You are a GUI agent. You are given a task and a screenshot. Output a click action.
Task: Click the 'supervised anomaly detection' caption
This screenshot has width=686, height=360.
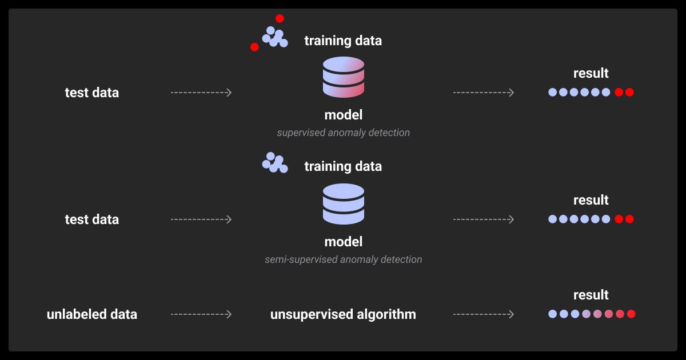point(343,133)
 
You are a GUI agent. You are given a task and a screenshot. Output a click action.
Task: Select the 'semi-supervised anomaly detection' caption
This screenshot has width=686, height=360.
point(343,259)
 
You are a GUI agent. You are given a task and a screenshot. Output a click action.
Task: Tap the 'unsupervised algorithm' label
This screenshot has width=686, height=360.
point(343,314)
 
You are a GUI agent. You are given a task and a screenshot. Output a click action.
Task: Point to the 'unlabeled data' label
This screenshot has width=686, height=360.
point(92,314)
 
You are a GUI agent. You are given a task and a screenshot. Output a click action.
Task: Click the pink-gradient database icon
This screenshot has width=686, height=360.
point(343,77)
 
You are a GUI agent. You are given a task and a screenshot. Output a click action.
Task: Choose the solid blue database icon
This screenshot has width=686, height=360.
point(343,203)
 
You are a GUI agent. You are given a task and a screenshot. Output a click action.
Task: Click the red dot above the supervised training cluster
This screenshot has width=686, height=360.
point(280,18)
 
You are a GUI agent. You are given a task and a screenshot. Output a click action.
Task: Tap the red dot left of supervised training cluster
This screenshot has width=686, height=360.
point(254,47)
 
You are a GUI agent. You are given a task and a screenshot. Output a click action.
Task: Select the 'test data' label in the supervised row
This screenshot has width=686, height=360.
point(92,93)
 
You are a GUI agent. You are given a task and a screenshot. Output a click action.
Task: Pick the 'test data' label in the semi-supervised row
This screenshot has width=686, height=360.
point(92,219)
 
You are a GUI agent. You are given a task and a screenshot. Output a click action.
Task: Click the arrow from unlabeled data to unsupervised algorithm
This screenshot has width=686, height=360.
point(201,314)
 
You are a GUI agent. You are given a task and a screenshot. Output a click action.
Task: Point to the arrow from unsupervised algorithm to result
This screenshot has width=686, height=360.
point(484,314)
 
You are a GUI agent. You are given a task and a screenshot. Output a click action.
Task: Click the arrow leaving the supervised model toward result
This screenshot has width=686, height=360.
point(484,93)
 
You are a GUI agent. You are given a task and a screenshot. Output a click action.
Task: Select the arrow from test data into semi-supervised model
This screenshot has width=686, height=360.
point(201,219)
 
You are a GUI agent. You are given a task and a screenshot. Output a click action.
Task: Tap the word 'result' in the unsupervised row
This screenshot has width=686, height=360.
point(591,295)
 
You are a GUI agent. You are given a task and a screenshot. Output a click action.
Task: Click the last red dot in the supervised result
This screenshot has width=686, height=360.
point(629,92)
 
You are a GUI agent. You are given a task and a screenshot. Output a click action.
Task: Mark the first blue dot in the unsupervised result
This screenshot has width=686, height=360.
point(552,314)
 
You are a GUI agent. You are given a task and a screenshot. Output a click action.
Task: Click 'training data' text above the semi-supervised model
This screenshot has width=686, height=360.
point(343,167)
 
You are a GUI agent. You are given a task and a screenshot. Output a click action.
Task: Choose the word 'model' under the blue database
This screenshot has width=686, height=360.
point(343,242)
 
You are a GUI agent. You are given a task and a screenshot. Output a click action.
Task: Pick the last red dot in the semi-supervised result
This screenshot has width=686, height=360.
point(629,219)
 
